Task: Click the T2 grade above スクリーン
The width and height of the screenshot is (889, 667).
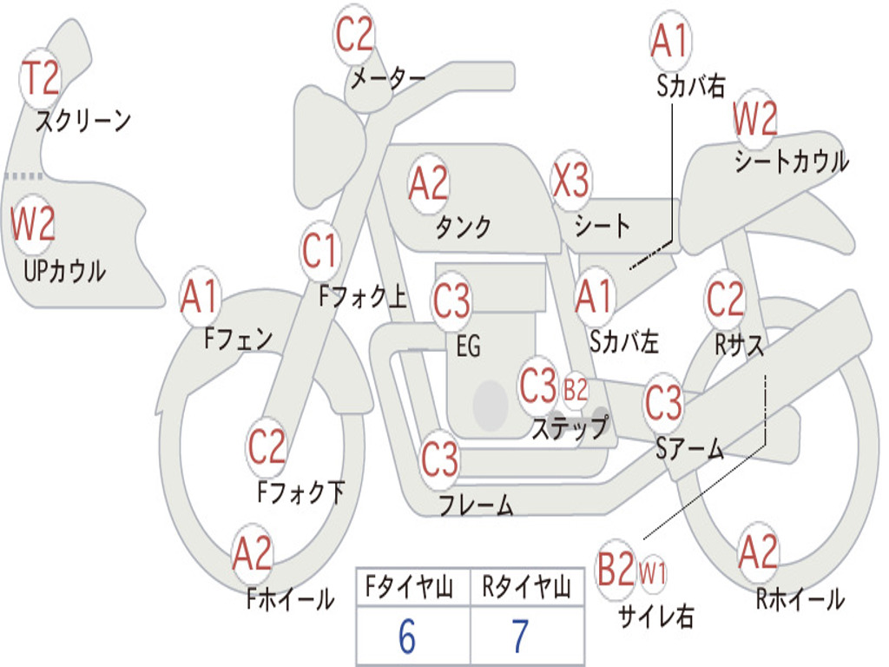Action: (40, 78)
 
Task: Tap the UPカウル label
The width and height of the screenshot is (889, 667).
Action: (64, 271)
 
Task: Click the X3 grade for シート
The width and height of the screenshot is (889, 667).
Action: (570, 182)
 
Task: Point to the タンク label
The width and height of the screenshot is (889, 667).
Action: (463, 228)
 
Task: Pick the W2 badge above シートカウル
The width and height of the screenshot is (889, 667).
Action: (754, 119)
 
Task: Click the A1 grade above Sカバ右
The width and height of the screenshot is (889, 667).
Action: (669, 41)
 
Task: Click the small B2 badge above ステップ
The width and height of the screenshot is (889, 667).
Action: (576, 390)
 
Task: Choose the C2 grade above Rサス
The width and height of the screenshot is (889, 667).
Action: (725, 299)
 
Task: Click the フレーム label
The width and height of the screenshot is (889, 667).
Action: (476, 505)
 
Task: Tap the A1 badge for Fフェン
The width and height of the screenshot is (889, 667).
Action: (201, 298)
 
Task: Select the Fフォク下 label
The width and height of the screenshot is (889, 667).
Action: (300, 492)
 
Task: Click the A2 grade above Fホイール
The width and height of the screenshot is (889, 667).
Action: (252, 553)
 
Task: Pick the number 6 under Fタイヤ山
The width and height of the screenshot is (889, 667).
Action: (406, 637)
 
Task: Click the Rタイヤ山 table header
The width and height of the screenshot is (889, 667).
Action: (526, 588)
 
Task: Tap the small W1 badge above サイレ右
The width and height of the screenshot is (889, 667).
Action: (653, 572)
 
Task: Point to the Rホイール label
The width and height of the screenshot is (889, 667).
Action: (800, 598)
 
